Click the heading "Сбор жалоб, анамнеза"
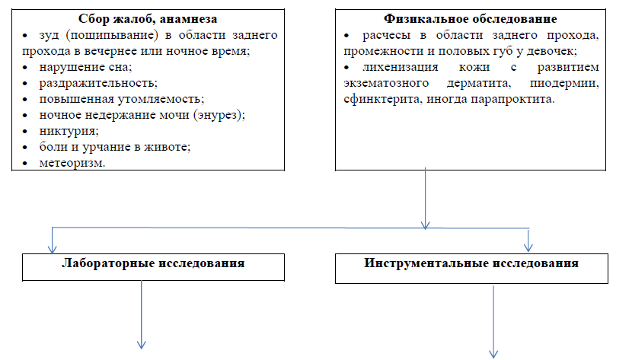pyautogui.click(x=148, y=19)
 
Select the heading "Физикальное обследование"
pyautogui.click(x=471, y=19)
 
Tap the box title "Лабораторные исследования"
pyautogui.click(x=153, y=263)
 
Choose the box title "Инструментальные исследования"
pyautogui.click(x=471, y=263)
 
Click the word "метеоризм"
pyautogui.click(x=71, y=163)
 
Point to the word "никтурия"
pyautogui.click(x=67, y=131)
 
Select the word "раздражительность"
pyautogui.click(x=97, y=83)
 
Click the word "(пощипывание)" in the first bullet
pyautogui.click(x=112, y=35)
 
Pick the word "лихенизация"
pyautogui.click(x=400, y=67)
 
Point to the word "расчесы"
pyautogui.click(x=386, y=36)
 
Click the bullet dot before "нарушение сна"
pyautogui.click(x=25, y=67)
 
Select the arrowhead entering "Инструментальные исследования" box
pyautogui.click(x=528, y=247)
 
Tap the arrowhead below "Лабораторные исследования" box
pyautogui.click(x=141, y=345)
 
